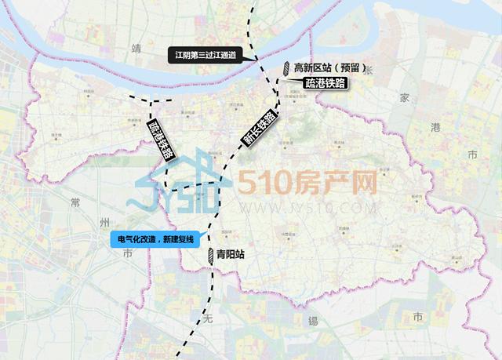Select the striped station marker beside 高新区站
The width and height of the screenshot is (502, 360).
click(287, 69)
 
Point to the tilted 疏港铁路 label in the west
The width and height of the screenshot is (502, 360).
click(160, 140)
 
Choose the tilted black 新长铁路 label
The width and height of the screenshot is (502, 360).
click(259, 128)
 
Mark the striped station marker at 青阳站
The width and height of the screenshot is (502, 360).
click(210, 254)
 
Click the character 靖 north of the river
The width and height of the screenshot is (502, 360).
click(140, 49)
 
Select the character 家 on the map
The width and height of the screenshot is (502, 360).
click(404, 98)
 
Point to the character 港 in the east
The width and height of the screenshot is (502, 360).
click(437, 127)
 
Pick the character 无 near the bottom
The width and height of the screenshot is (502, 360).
click(208, 319)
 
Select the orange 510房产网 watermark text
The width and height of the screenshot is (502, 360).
click(307, 184)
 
